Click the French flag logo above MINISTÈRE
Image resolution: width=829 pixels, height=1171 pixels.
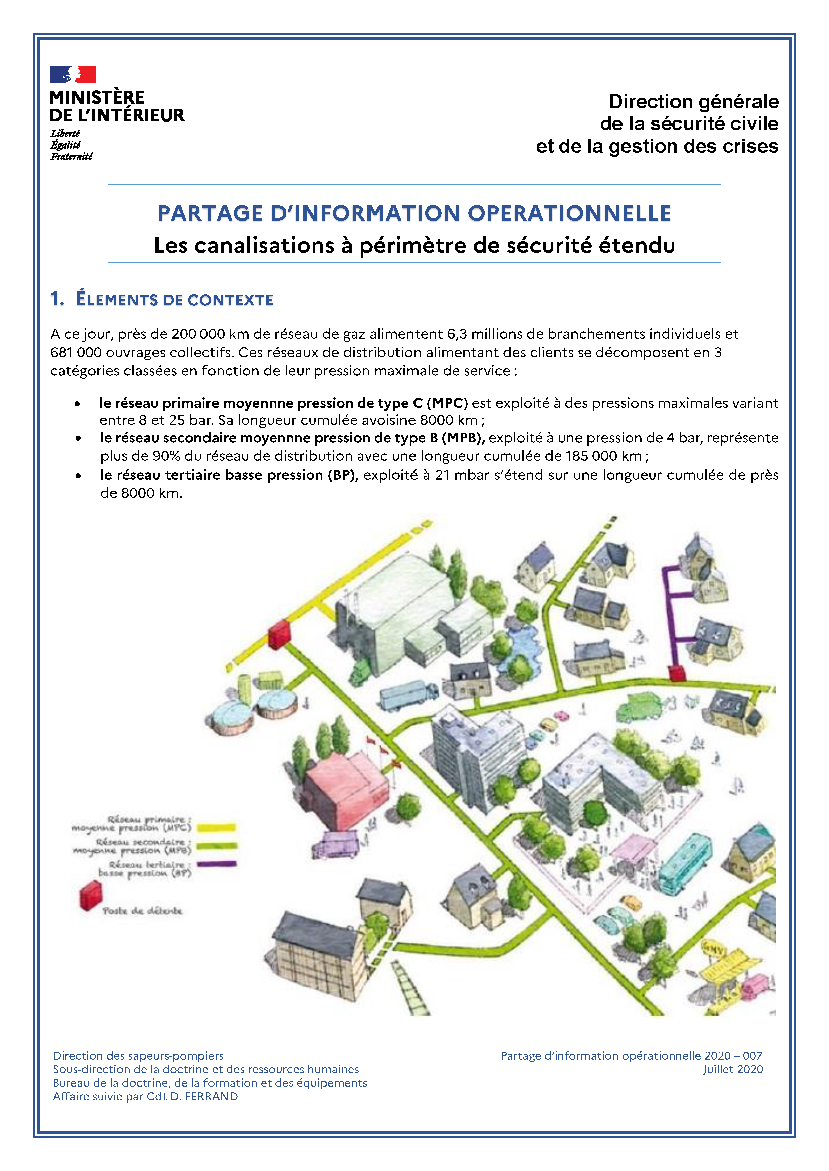pyautogui.click(x=73, y=74)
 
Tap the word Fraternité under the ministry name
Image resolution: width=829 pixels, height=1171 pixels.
pyautogui.click(x=71, y=156)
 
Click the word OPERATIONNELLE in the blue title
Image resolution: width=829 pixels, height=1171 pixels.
pyautogui.click(x=569, y=213)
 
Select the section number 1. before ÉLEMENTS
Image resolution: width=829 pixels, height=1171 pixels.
pyautogui.click(x=57, y=299)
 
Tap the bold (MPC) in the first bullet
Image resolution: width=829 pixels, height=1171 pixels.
pyautogui.click(x=447, y=403)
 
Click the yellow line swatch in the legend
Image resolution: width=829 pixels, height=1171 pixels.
pyautogui.click(x=216, y=827)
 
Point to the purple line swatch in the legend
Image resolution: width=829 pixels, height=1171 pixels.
pyautogui.click(x=217, y=864)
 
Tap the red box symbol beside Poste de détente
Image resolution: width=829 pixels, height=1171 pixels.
pyautogui.click(x=90, y=896)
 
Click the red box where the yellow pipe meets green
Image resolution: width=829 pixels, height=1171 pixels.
pyautogui.click(x=279, y=634)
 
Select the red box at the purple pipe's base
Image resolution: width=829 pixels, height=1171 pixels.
pyautogui.click(x=677, y=673)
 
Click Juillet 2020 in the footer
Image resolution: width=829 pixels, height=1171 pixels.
pyautogui.click(x=733, y=1069)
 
